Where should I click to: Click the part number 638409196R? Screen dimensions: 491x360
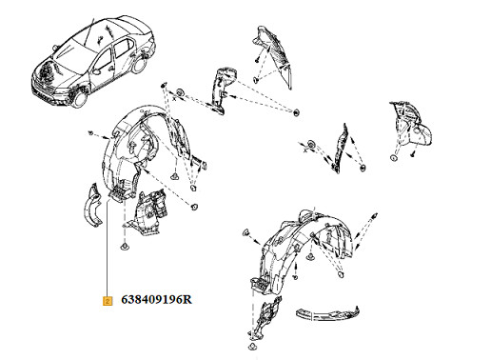(x=156, y=300)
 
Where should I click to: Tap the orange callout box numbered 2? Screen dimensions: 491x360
(x=108, y=301)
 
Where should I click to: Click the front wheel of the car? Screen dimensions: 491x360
(x=80, y=98)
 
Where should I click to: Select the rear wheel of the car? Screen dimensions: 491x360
(x=139, y=65)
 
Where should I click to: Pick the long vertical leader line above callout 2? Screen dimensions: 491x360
(x=108, y=248)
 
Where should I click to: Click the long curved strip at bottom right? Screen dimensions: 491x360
(x=327, y=313)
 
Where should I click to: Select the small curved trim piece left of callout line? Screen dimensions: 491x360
(x=92, y=207)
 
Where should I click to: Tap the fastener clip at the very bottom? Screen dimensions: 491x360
(x=252, y=346)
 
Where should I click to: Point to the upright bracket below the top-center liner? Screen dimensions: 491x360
(x=222, y=90)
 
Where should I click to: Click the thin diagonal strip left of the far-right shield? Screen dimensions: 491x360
(x=340, y=148)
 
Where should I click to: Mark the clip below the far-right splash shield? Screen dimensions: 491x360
(x=393, y=158)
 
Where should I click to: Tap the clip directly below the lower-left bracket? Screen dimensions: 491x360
(x=125, y=247)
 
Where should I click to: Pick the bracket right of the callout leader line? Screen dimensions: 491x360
(x=147, y=212)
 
